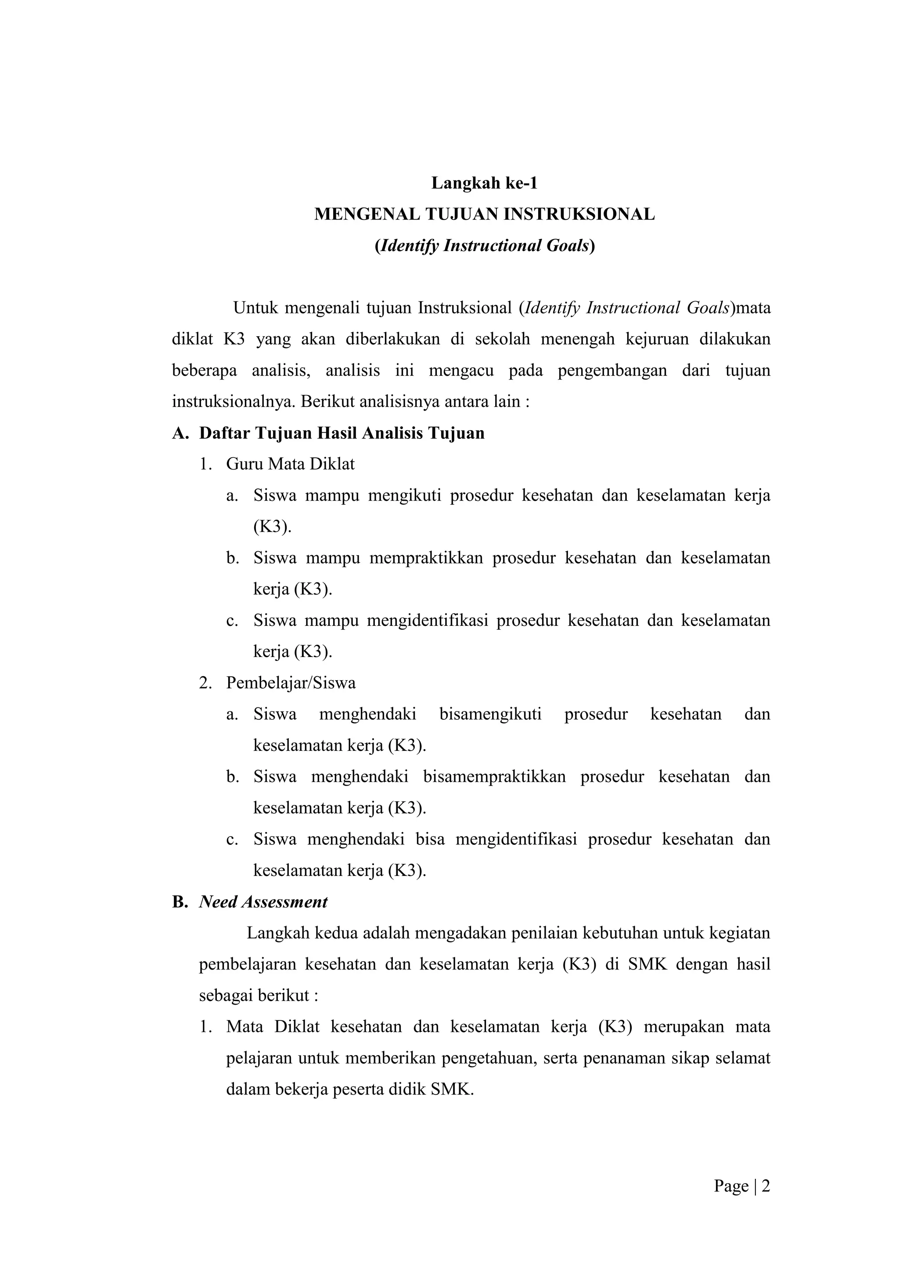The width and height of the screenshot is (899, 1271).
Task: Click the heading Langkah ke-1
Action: pos(484,183)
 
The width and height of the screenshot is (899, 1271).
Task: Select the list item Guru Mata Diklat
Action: pos(290,464)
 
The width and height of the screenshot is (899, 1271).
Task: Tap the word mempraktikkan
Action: pos(426,558)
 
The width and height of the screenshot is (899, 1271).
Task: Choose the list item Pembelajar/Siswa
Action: pos(291,683)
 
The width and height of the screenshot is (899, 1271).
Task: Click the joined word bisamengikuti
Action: pos(490,714)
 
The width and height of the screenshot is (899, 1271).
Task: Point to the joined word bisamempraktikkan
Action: pos(494,777)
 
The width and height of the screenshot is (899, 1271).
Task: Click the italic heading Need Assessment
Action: pos(263,902)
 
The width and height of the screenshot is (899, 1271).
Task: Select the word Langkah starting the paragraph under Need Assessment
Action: pos(278,934)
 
